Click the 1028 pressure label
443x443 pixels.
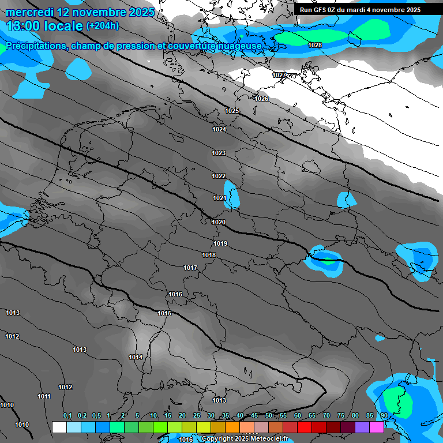[x=315, y=45]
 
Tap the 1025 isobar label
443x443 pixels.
[x=232, y=111]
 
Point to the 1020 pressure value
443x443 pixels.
[x=219, y=222]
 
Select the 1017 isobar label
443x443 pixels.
[x=190, y=268]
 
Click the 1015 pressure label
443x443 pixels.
[x=164, y=313]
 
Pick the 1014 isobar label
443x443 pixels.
[x=136, y=357]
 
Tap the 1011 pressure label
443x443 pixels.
[x=44, y=396]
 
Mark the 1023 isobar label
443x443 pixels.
[x=219, y=153]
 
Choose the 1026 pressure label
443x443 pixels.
[x=261, y=99]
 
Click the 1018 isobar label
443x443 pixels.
[x=209, y=255]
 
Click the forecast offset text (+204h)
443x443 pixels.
[x=103, y=25]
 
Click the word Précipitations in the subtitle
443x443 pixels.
[x=35, y=46]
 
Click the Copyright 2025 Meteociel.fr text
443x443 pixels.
[x=245, y=439]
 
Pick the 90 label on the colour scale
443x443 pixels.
[x=384, y=415]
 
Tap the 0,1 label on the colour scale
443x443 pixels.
[x=67, y=415]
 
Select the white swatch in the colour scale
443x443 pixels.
[x=59, y=427]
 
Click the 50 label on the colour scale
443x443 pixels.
[x=269, y=415]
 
